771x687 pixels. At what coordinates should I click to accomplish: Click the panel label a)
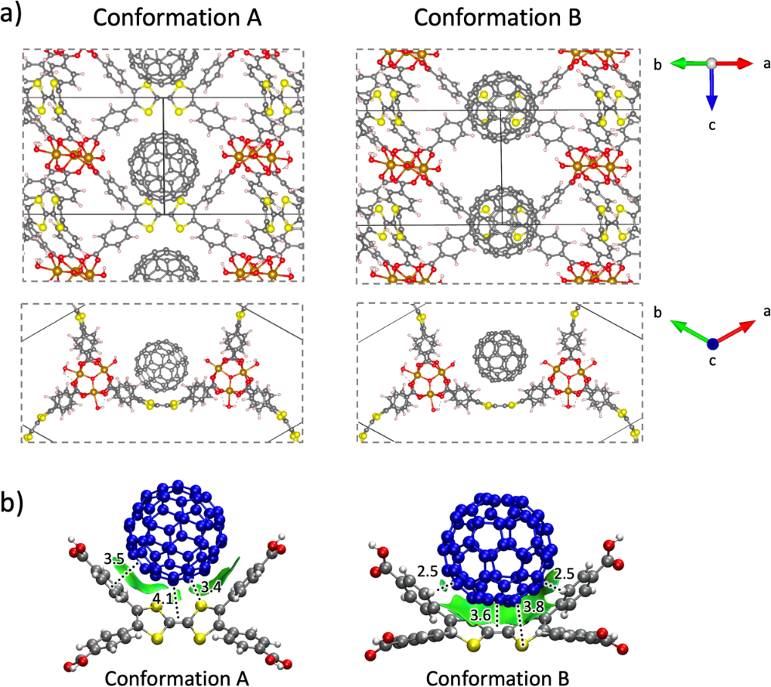11,14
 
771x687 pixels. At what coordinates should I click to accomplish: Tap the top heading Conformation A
177,19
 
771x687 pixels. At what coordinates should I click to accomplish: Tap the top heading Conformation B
497,19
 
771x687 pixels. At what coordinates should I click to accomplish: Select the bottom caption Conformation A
176,678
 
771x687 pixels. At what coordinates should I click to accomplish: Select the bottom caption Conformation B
497,678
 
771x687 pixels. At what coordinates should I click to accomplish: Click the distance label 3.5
114,559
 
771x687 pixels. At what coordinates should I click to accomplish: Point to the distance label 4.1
162,599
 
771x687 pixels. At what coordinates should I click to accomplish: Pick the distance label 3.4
210,586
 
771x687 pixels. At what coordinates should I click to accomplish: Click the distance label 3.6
480,615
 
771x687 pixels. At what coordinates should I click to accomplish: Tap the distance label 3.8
534,607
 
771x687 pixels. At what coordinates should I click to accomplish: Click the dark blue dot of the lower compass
713,343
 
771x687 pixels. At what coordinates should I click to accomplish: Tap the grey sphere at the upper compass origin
711,63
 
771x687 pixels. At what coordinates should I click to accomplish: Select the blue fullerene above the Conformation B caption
496,549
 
